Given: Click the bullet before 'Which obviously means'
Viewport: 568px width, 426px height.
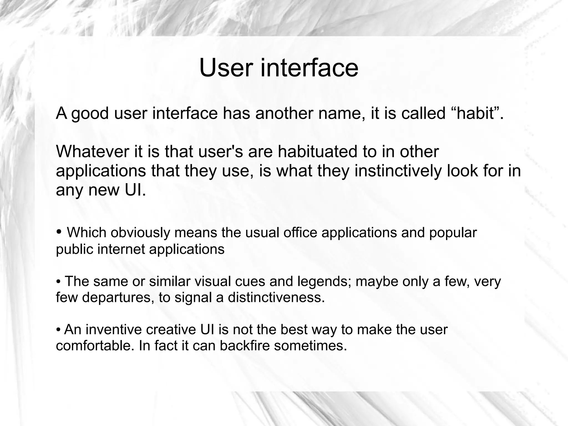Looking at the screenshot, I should click(x=59, y=231).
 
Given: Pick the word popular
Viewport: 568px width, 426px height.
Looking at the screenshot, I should click(x=453, y=233).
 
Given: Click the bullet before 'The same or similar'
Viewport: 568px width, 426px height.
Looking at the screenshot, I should click(x=58, y=282).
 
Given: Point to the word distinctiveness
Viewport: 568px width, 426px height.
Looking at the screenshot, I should click(x=276, y=298).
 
